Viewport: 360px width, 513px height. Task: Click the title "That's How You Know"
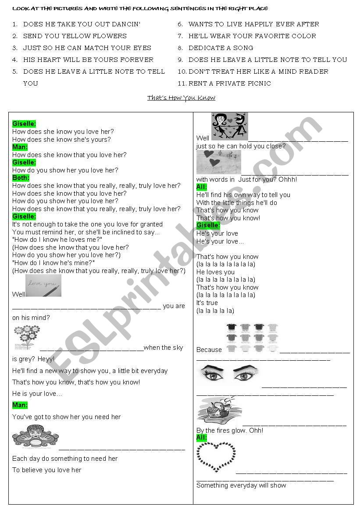[x=181, y=97]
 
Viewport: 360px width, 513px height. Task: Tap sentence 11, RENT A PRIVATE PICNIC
[x=229, y=83]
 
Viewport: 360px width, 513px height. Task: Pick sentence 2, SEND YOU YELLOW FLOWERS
[x=75, y=36]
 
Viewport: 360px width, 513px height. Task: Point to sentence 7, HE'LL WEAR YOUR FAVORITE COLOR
[x=252, y=36]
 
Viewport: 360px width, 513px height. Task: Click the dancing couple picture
[x=229, y=126]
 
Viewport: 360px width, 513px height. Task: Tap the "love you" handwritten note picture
[x=43, y=286]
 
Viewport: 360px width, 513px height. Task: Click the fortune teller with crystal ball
[x=35, y=437]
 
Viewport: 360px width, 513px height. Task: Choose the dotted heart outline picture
[x=215, y=457]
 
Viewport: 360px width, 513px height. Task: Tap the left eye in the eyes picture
[x=211, y=375]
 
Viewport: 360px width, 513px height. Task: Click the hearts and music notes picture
[x=218, y=162]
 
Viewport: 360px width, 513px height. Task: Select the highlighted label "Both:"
[x=21, y=178]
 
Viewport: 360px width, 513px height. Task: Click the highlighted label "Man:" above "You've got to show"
[x=20, y=405]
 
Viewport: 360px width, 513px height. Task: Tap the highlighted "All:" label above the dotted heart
[x=202, y=438]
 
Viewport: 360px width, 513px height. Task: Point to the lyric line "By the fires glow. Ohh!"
[x=230, y=430]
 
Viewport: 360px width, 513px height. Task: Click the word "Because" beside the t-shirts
[x=209, y=350]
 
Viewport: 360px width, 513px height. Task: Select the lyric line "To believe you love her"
[x=47, y=470]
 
